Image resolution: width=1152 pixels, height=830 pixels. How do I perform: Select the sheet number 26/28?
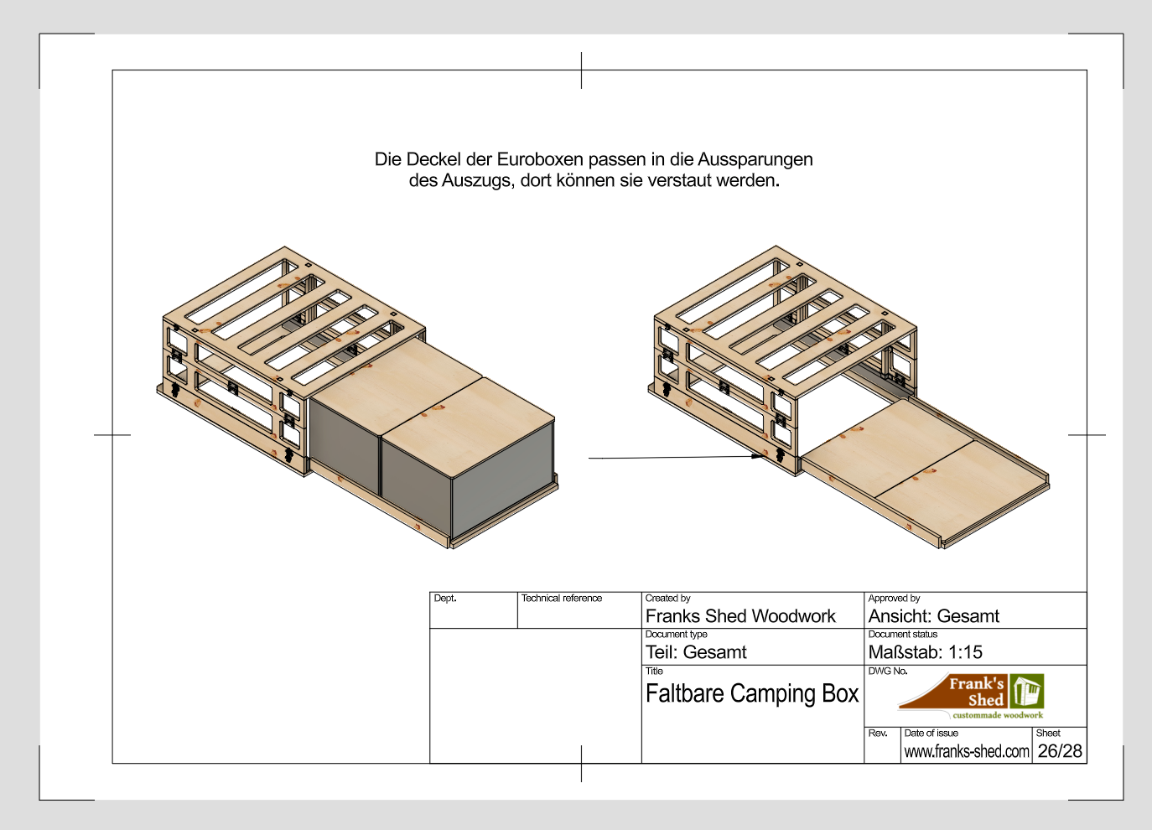[1060, 751]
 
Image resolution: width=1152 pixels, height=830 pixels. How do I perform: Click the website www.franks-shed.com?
[967, 752]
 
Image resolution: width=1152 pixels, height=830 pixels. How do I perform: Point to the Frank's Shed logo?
[972, 696]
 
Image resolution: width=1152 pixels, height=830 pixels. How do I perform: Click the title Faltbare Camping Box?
[752, 694]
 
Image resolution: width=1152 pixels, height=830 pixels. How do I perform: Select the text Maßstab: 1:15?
[926, 652]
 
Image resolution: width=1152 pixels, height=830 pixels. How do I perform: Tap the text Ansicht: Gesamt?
[934, 616]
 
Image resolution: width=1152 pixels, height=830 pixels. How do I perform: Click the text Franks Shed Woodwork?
[740, 616]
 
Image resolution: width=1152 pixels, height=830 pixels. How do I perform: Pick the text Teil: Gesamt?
[696, 652]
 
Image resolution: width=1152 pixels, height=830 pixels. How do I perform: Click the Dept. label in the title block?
[445, 599]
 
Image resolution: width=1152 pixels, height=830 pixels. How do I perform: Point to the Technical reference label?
[562, 599]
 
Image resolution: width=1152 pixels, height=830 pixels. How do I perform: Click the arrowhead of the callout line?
[759, 456]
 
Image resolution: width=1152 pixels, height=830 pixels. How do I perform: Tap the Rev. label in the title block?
[878, 733]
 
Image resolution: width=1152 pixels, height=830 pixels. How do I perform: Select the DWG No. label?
[888, 671]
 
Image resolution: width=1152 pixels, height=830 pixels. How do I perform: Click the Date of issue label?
[931, 733]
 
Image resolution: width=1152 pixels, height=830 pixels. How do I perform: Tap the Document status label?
[903, 635]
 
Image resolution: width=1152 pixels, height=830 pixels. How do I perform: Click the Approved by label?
[894, 599]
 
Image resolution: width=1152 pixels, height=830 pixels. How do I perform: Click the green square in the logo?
[1027, 692]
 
